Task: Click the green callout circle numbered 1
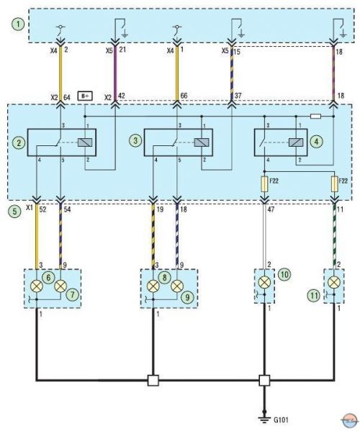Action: (x=18, y=24)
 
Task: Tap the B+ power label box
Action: (x=85, y=96)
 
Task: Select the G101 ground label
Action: (x=281, y=420)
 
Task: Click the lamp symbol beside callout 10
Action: (x=264, y=282)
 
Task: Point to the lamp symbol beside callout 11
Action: (x=334, y=282)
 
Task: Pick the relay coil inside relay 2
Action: (x=85, y=142)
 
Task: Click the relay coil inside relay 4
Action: (x=296, y=142)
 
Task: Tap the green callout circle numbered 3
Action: (x=135, y=141)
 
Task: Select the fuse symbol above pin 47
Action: (x=264, y=184)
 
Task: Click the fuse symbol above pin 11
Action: (x=334, y=184)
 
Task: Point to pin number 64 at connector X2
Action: (x=67, y=97)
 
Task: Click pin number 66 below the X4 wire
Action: (x=184, y=96)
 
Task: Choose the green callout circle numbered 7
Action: (x=72, y=295)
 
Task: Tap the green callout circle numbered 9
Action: (x=187, y=296)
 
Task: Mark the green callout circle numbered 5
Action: (x=14, y=212)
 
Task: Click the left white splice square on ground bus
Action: (x=153, y=381)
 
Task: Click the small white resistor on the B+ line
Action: (x=315, y=117)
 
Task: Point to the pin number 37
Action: (x=238, y=96)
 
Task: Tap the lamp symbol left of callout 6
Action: (x=36, y=286)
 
